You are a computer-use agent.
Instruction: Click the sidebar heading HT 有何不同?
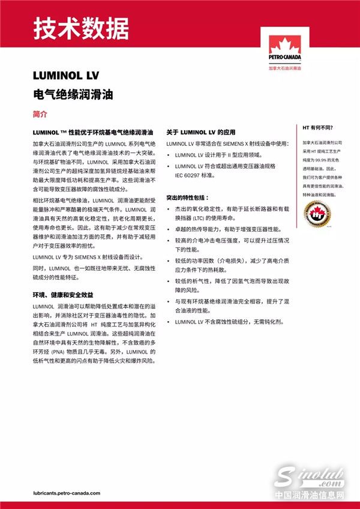point(318,128)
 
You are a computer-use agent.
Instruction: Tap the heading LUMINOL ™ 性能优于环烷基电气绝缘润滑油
point(94,131)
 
